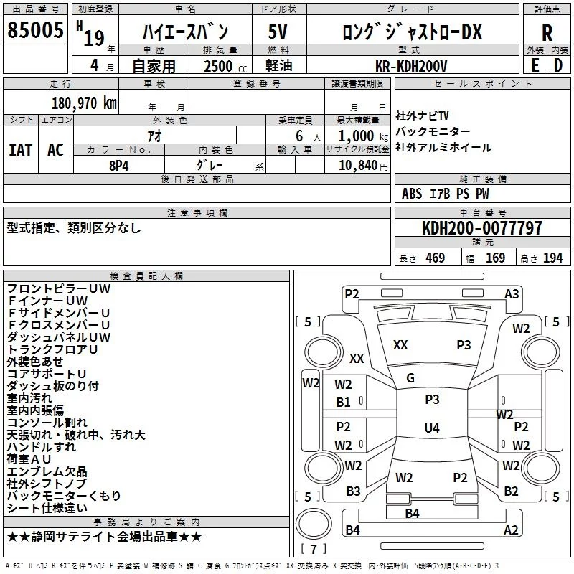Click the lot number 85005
click(x=34, y=32)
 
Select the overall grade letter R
click(x=547, y=32)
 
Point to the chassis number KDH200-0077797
click(x=481, y=228)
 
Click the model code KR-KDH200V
click(x=411, y=65)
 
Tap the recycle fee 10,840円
click(x=357, y=165)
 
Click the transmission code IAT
click(x=21, y=149)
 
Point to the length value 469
click(x=433, y=258)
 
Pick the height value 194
click(x=552, y=258)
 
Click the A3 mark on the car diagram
click(x=512, y=293)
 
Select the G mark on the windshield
click(x=410, y=378)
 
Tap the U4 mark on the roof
click(x=431, y=428)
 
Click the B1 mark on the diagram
click(x=344, y=403)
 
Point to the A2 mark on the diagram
click(x=511, y=530)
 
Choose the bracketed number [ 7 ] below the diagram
click(x=314, y=550)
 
